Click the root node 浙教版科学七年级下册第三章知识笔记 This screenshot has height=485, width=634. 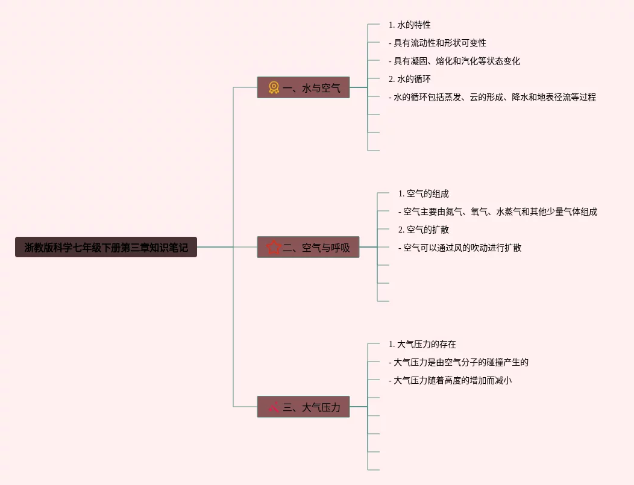point(106,247)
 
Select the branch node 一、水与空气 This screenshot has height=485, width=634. point(303,87)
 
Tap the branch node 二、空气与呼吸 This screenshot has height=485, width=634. point(308,247)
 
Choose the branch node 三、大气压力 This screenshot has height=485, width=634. point(303,407)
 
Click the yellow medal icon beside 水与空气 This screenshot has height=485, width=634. point(274,87)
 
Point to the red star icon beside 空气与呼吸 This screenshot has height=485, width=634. point(274,247)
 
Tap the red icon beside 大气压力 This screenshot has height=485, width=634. point(274,407)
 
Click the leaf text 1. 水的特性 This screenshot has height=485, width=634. point(410,25)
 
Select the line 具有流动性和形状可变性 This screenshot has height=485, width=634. point(438,43)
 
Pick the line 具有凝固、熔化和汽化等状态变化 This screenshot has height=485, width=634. point(454,61)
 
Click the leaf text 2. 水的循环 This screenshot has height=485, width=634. point(410,79)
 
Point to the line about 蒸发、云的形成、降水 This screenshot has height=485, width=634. point(492,97)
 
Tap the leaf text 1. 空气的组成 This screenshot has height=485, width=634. point(424,193)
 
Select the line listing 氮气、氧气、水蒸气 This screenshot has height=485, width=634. point(498,211)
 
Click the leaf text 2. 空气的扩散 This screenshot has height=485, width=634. point(424,230)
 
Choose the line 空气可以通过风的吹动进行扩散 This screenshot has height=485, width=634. point(460,248)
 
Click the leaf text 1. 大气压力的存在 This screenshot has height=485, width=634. point(422,344)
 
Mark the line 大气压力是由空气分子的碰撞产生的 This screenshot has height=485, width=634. point(459,362)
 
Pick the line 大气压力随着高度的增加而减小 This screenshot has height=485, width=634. point(450,380)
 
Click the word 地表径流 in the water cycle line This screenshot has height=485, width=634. point(550,97)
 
